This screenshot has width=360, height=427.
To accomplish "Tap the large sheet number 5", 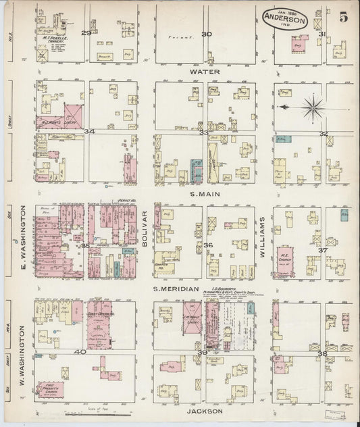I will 343,18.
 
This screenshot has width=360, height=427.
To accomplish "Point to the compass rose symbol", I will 311,106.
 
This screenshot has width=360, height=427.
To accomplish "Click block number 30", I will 206,34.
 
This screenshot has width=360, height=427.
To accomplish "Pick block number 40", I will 80,351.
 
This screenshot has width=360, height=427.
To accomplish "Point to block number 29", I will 86,32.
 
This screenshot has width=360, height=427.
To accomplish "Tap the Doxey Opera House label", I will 100,314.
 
